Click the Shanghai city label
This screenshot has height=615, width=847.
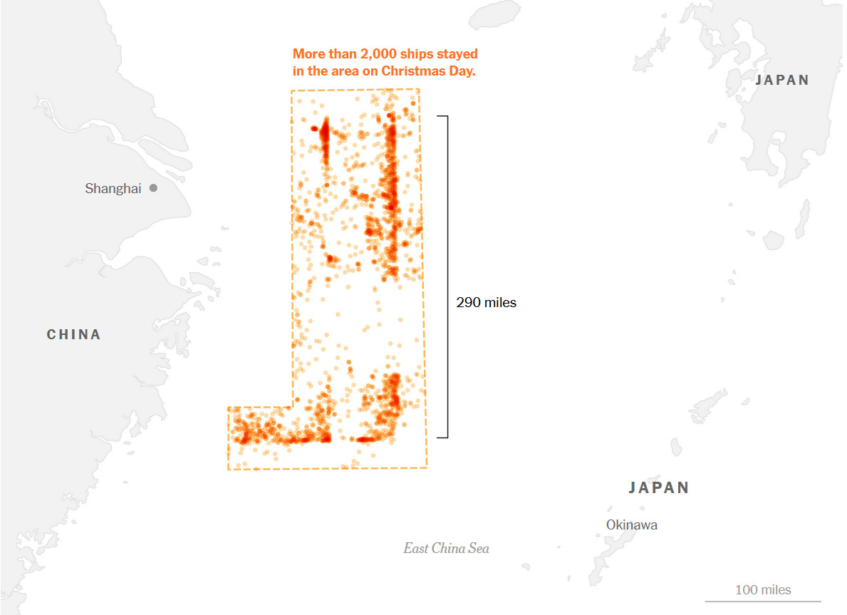tap(113, 189)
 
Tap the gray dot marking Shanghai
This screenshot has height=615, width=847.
tap(153, 188)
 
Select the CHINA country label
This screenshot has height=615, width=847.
tap(74, 334)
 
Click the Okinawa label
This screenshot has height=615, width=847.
tap(631, 525)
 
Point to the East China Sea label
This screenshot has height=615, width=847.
tap(446, 549)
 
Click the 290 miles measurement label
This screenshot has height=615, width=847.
tap(487, 303)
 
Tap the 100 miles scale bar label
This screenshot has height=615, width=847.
tap(763, 590)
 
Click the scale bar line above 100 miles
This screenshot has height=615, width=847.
tap(763, 601)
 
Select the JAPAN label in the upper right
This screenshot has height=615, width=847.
tap(782, 81)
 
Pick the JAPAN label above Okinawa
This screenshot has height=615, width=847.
tap(659, 488)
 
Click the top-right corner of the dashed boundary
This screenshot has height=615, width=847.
tap(419, 90)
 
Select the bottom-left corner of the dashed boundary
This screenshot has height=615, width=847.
tap(229, 469)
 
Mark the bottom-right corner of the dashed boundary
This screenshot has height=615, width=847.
tap(427, 467)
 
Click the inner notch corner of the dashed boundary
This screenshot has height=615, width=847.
tap(293, 407)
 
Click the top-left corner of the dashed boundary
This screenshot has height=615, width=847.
tap(291, 91)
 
